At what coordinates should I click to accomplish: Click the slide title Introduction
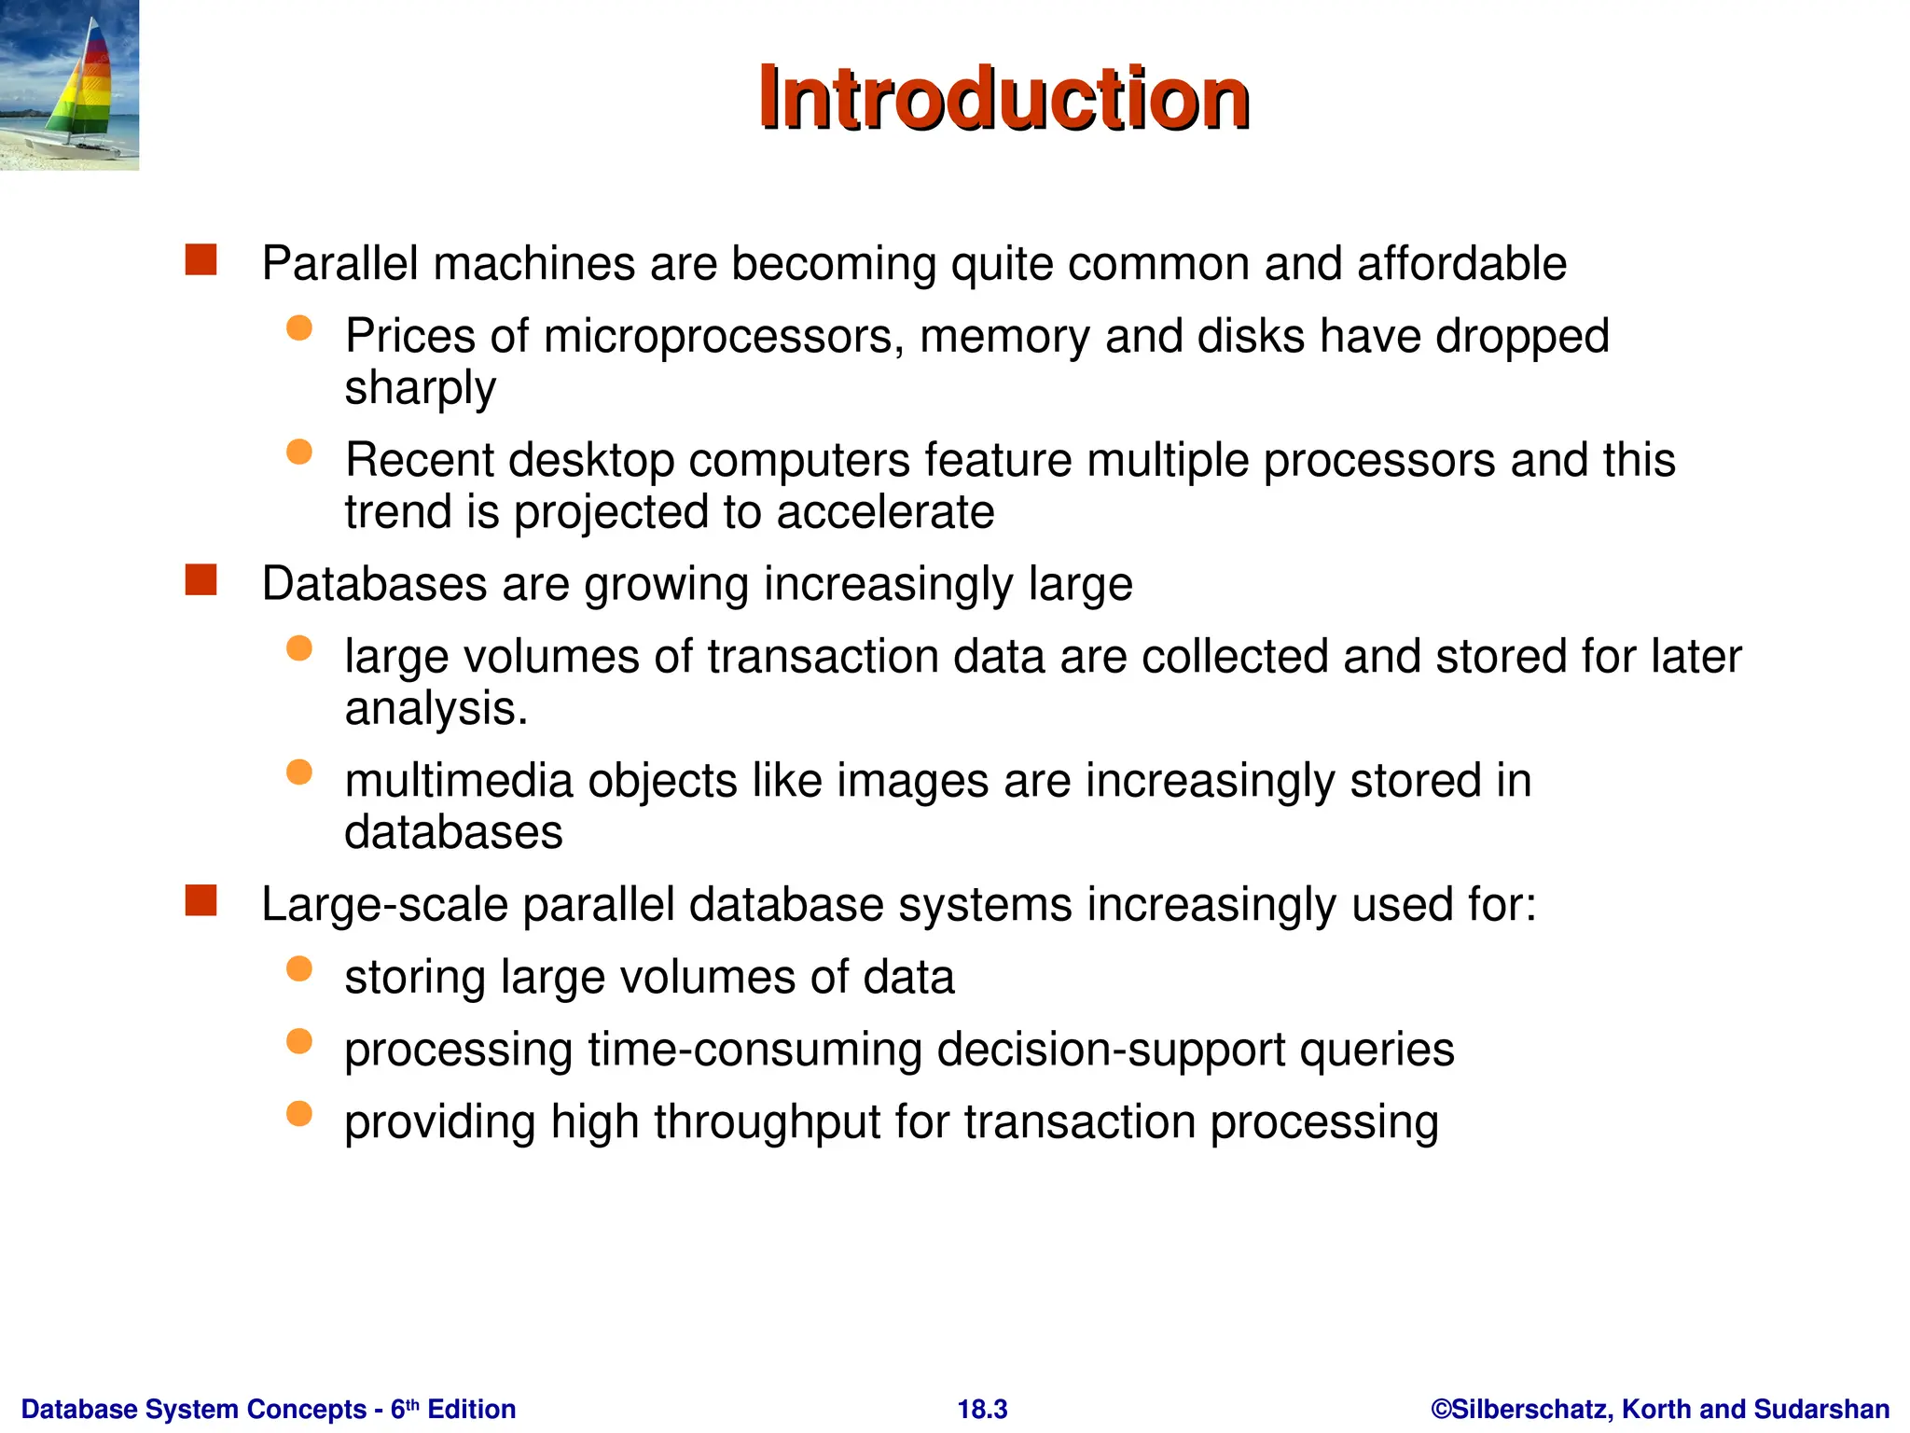[x=1003, y=98]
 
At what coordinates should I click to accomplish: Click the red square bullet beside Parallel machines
[x=201, y=260]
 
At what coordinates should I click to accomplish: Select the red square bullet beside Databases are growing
[x=201, y=580]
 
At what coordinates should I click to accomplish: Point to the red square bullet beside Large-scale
[x=201, y=901]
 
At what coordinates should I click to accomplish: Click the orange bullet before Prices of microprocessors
[x=299, y=328]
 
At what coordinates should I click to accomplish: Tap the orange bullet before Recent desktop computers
[x=299, y=452]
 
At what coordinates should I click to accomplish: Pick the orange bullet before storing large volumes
[x=299, y=969]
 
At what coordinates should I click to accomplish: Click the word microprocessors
[x=724, y=337]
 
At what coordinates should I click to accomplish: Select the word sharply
[x=420, y=388]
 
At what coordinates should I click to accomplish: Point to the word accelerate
[x=885, y=512]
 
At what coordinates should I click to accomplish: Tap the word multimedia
[x=458, y=781]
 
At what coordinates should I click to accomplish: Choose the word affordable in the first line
[x=1461, y=264]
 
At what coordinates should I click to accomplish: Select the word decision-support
[x=1110, y=1050]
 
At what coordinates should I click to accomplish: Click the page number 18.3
[x=982, y=1409]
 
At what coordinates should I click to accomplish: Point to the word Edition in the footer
[x=471, y=1409]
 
